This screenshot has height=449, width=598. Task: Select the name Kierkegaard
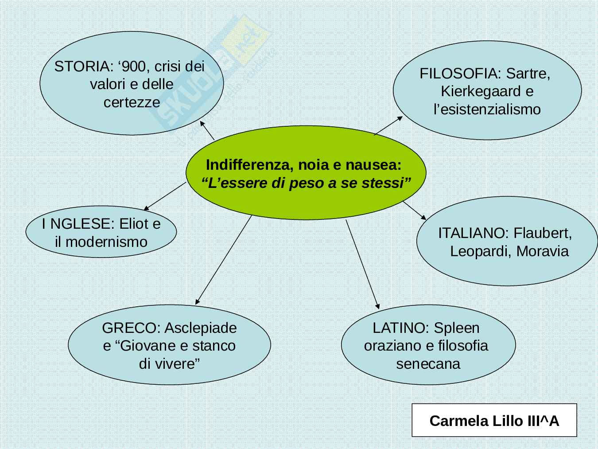(x=480, y=91)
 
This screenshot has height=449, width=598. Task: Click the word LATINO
(x=400, y=328)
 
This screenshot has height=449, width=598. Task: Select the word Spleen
(x=456, y=328)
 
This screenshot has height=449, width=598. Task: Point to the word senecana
(x=428, y=364)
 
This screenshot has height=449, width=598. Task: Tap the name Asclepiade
(x=200, y=328)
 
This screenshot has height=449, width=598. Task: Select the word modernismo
(x=106, y=242)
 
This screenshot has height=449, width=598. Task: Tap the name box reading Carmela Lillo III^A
(x=494, y=420)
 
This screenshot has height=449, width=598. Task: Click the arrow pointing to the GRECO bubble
(x=223, y=260)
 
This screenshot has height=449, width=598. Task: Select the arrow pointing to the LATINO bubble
(x=362, y=264)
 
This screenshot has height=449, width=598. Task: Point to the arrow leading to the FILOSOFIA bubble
(x=388, y=125)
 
